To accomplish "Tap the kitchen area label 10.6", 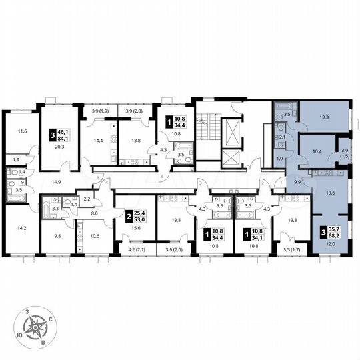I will (94, 235).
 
